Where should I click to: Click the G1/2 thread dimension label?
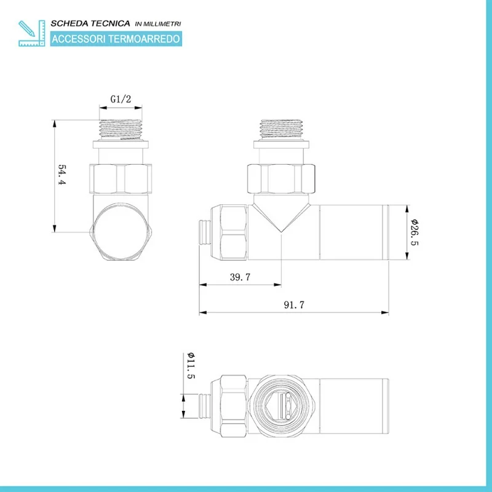point(121,99)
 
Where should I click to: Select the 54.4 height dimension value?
point(62,175)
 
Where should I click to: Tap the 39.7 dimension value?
point(240,277)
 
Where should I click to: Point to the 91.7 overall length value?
point(294,304)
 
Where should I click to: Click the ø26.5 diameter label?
point(415,232)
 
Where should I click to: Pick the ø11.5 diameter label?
point(191,365)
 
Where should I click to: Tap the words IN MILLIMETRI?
point(158,24)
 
